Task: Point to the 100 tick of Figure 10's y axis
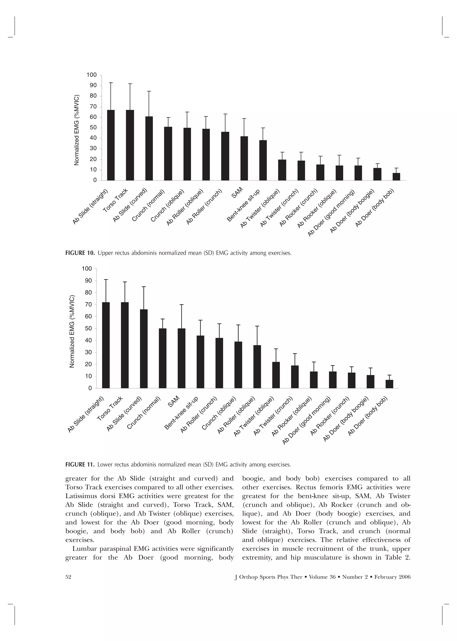tap(91, 75)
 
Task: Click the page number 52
tap(68, 577)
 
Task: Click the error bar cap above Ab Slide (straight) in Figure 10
tap(111, 83)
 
